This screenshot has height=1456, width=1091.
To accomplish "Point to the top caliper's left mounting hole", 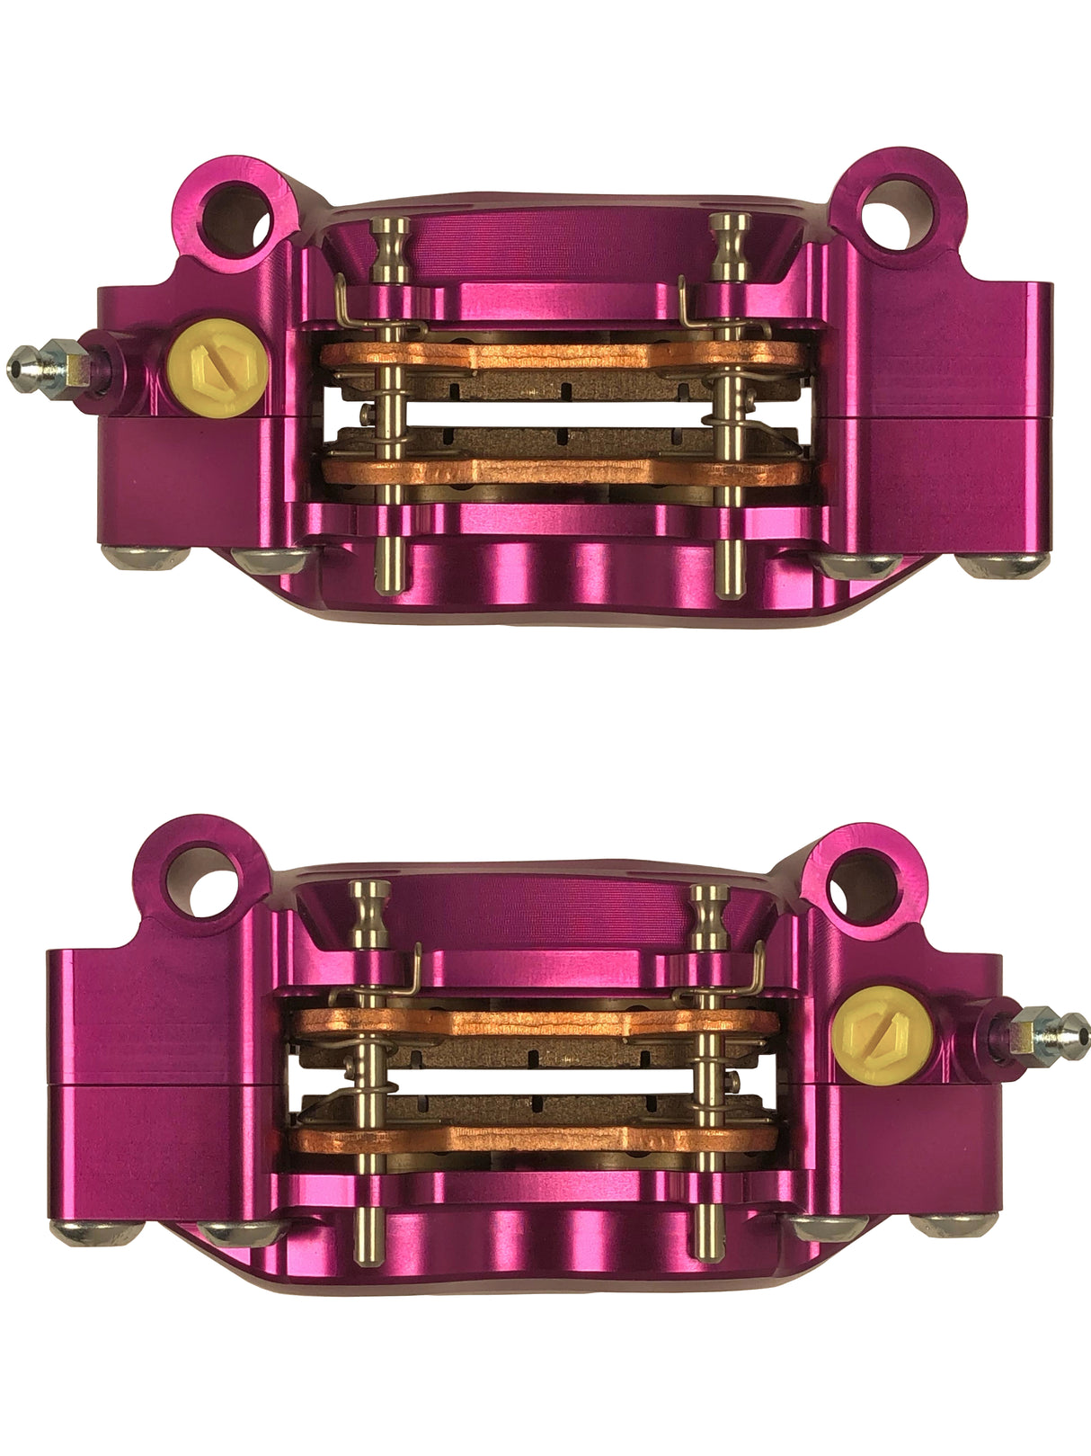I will tap(238, 214).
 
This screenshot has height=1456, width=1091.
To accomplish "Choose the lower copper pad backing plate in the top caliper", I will tap(557, 470).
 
